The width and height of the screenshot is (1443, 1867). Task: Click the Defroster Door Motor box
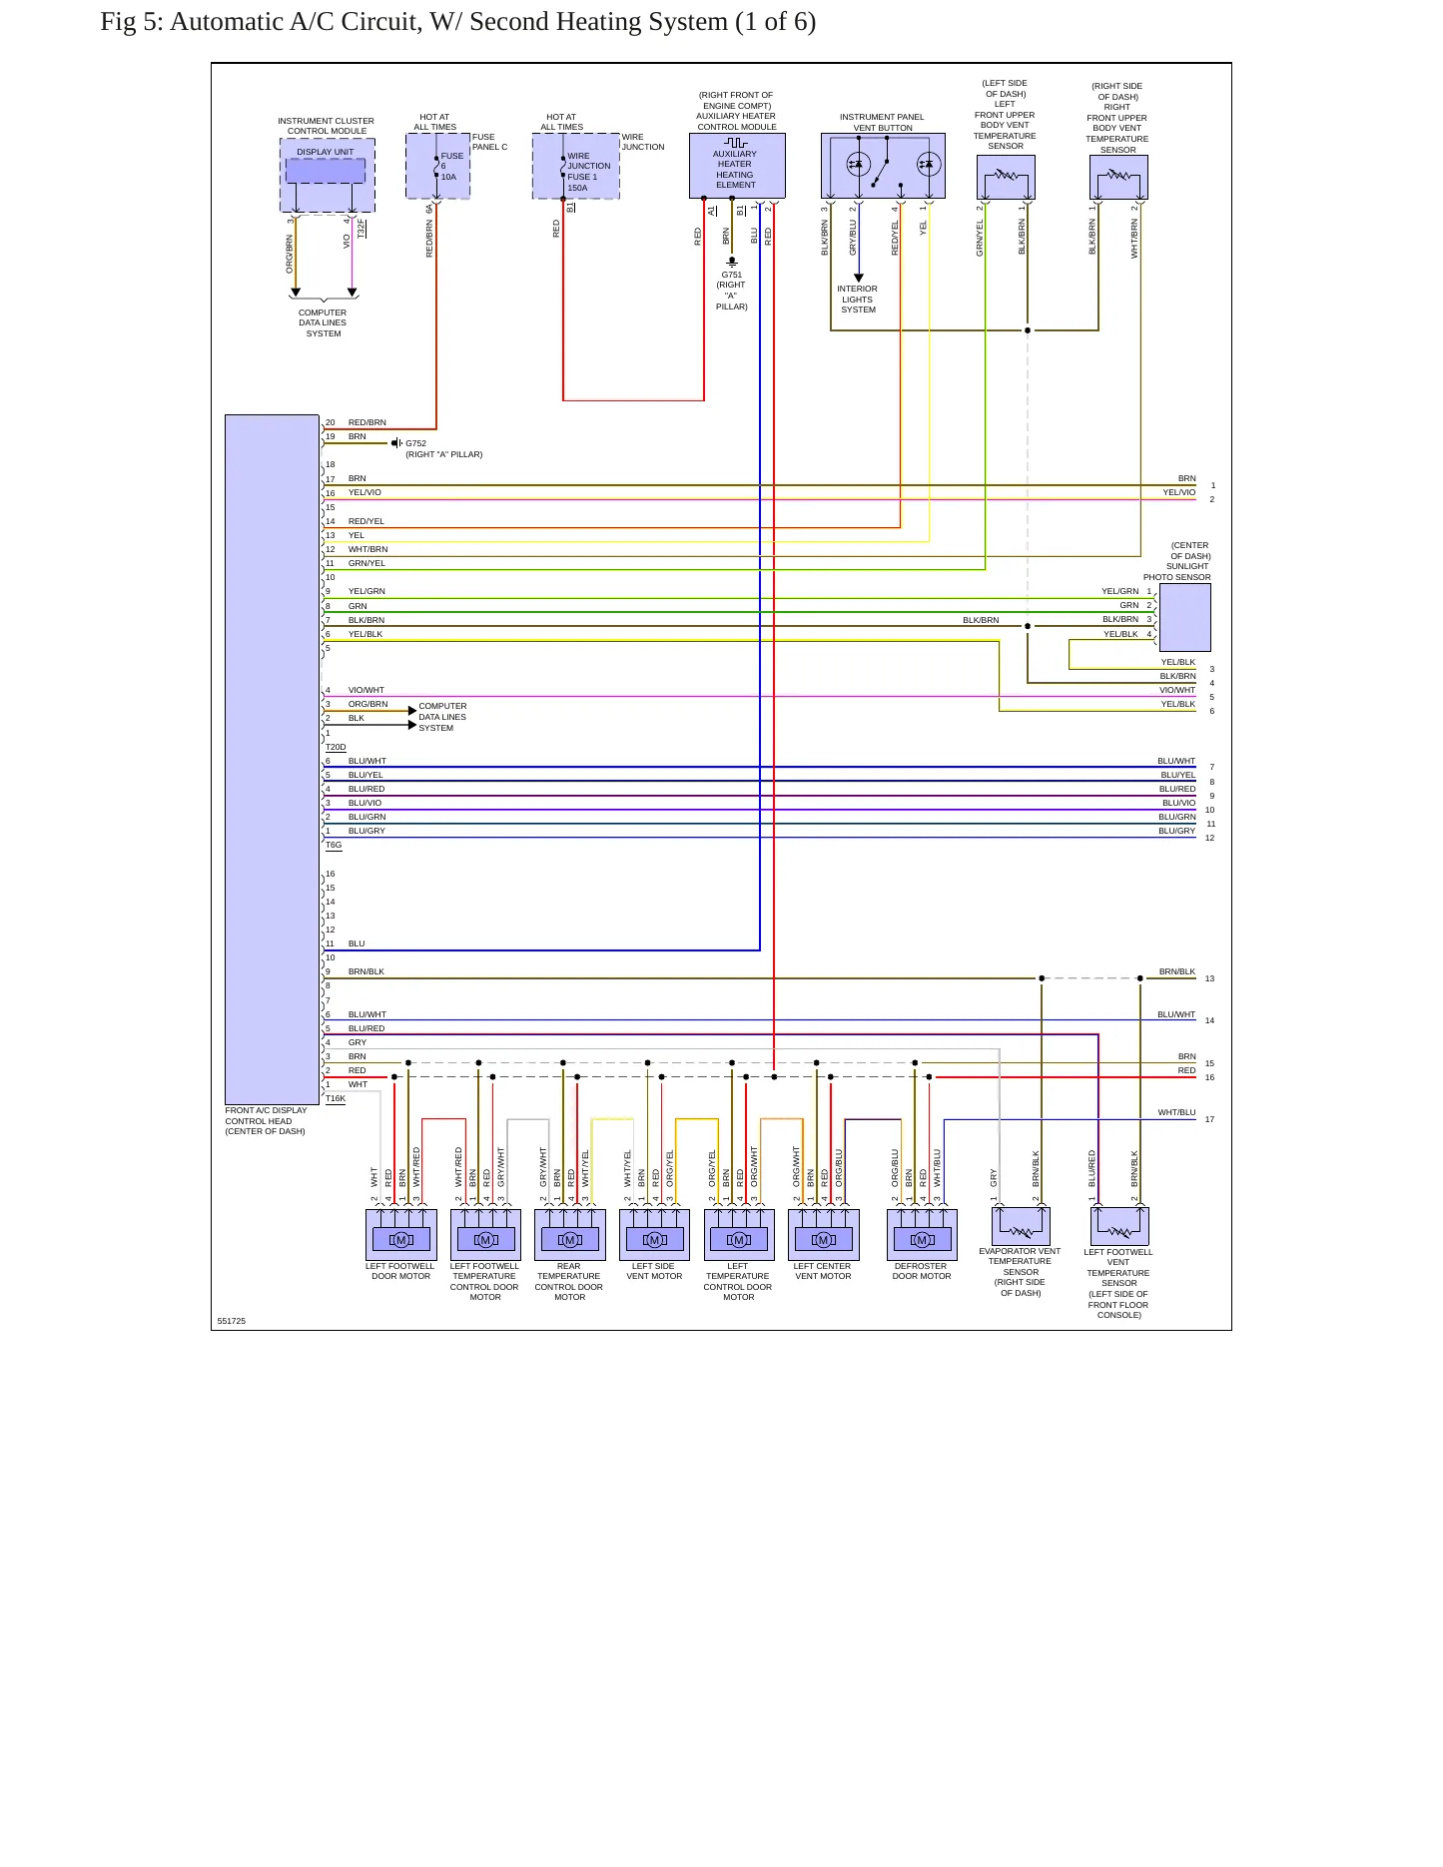click(x=922, y=1235)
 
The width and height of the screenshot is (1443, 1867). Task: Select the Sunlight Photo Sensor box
click(x=1184, y=618)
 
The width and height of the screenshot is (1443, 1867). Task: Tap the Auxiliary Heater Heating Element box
click(x=737, y=166)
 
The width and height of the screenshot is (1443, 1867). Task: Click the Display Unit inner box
click(x=326, y=171)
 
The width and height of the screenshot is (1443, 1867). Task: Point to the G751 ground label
click(x=732, y=275)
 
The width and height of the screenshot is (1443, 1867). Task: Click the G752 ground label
click(x=415, y=443)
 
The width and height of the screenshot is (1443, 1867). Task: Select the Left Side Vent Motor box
click(x=654, y=1235)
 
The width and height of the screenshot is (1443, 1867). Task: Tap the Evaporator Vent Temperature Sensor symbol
click(x=1021, y=1226)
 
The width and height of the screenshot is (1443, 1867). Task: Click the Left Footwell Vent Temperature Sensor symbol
click(x=1119, y=1226)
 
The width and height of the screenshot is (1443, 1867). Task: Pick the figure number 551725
click(x=232, y=1321)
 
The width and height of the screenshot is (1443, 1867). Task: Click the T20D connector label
click(x=336, y=747)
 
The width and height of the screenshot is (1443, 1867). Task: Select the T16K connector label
click(x=336, y=1098)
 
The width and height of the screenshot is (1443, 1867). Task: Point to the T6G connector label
click(x=334, y=845)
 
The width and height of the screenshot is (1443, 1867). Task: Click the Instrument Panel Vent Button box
click(x=883, y=166)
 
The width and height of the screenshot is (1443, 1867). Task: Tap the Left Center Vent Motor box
click(x=823, y=1235)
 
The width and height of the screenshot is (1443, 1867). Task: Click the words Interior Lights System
click(x=858, y=300)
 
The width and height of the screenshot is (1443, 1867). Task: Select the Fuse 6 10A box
click(x=437, y=166)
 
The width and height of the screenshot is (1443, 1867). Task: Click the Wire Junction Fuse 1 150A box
click(x=575, y=166)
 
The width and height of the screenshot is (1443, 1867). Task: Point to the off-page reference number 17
click(x=1209, y=1119)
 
